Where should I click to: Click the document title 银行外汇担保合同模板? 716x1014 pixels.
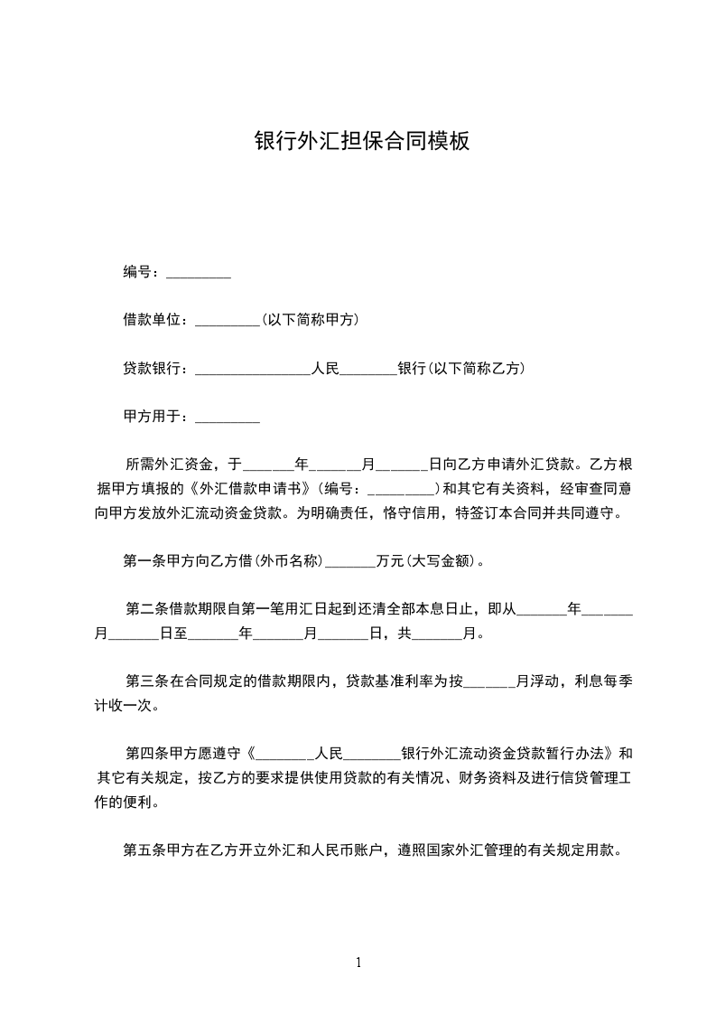click(362, 142)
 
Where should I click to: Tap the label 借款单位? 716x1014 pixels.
click(154, 320)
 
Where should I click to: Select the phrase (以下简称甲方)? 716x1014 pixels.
click(311, 320)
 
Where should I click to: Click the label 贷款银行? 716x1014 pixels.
click(154, 369)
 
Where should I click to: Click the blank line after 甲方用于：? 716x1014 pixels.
click(228, 418)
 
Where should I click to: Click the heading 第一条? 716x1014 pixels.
click(144, 561)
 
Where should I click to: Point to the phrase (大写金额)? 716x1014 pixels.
click(441, 561)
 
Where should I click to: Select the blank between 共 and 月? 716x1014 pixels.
click(436, 634)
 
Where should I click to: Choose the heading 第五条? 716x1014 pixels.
click(144, 850)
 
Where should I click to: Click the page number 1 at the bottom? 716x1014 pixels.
click(358, 962)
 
